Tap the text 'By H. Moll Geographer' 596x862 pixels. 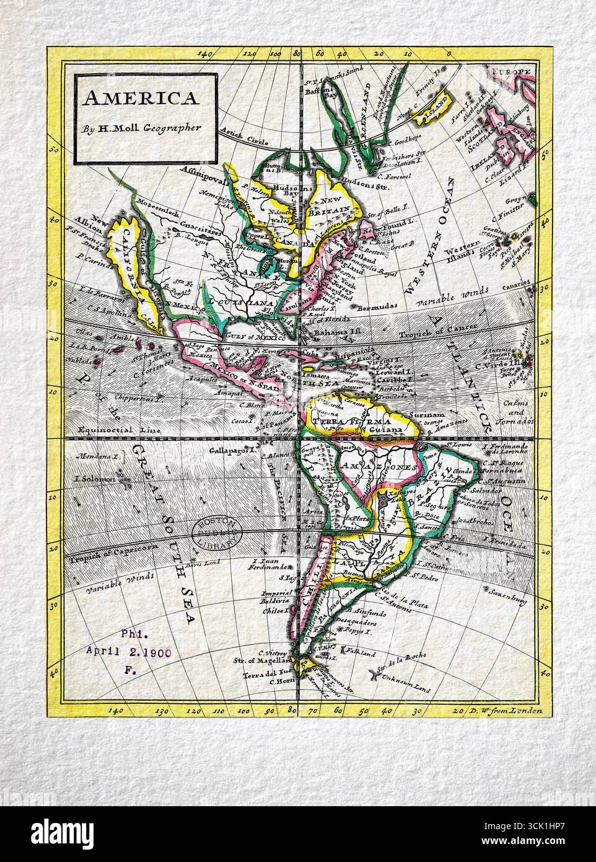[x=144, y=129]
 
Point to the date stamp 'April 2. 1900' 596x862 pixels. [x=128, y=651]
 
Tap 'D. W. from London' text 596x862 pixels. [x=506, y=711]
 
